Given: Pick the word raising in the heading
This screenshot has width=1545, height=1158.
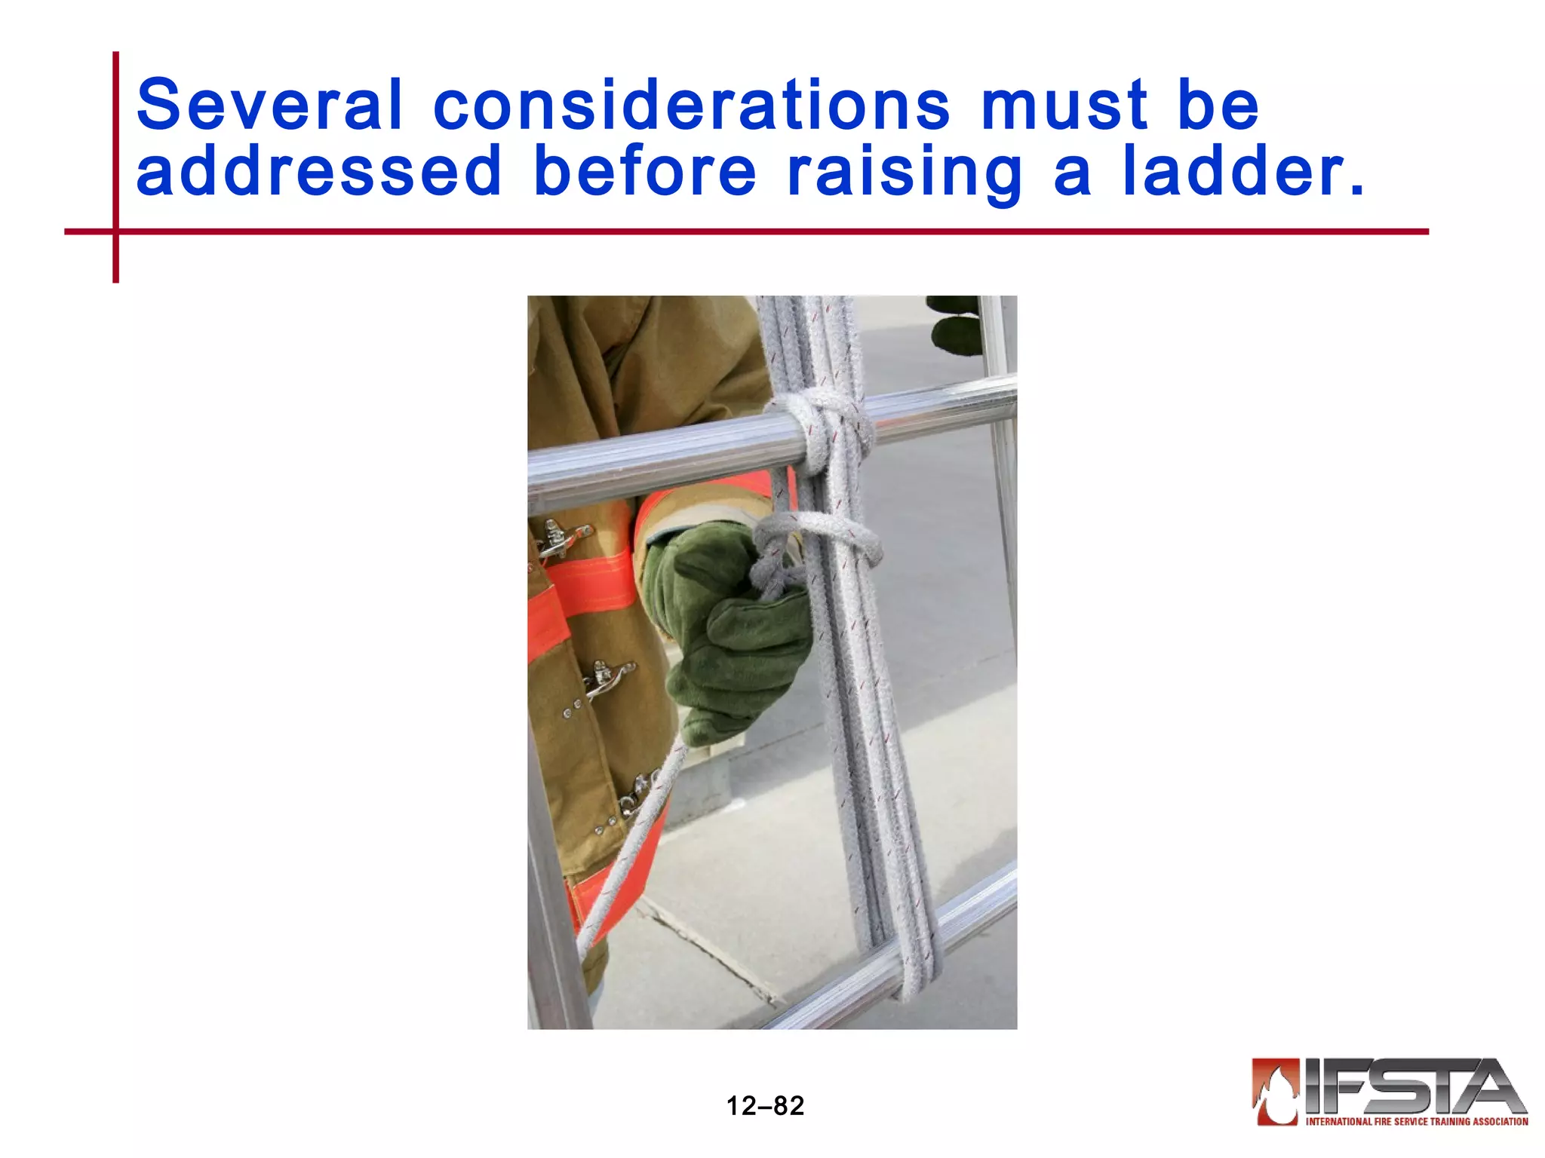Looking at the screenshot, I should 905,172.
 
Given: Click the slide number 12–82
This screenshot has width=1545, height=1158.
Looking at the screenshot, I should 765,1106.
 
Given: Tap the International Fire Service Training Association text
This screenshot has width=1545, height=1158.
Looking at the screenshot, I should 1416,1121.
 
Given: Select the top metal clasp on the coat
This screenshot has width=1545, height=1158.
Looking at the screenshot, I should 562,538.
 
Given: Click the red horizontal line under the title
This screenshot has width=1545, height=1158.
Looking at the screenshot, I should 754,231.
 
